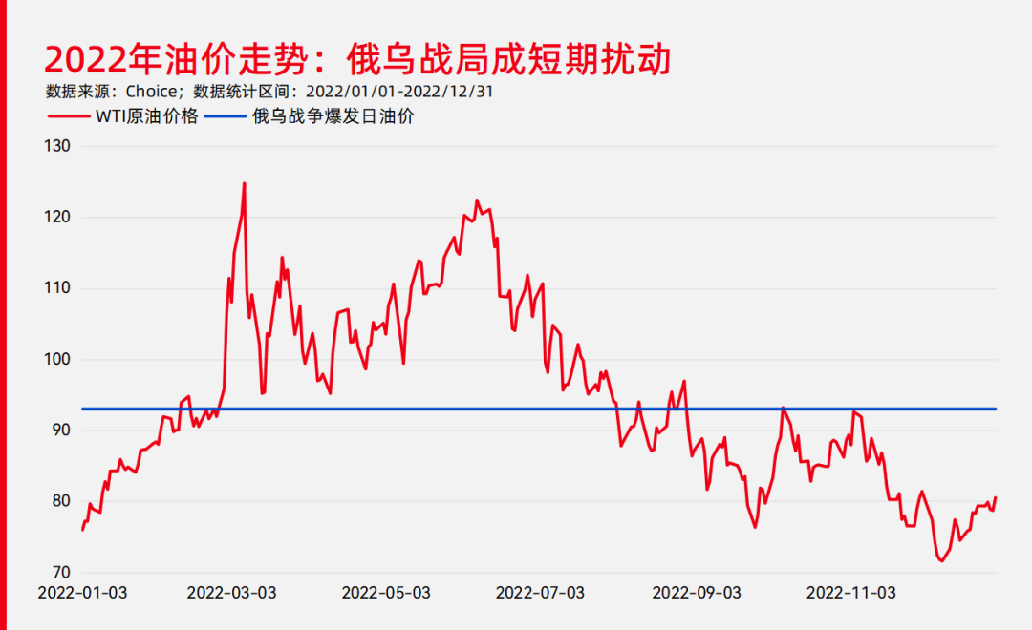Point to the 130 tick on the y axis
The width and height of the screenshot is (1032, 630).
point(58,146)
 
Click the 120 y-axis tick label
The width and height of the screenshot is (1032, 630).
point(58,218)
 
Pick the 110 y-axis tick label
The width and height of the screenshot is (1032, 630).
point(58,288)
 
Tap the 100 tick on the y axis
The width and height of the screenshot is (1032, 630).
point(58,360)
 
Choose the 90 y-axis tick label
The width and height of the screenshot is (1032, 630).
point(62,430)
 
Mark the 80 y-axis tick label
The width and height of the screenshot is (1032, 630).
point(62,502)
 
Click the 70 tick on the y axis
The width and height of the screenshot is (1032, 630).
point(62,573)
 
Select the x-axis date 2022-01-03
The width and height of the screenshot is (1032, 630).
point(82,593)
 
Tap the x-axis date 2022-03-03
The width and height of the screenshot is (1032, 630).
point(231,593)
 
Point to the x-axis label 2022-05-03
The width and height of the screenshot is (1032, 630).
point(386,593)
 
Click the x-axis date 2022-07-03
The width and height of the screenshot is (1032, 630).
point(540,593)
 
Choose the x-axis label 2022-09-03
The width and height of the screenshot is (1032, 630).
point(697,593)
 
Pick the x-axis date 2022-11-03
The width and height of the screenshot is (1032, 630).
point(850,593)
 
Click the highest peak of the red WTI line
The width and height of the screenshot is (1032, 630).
point(245,183)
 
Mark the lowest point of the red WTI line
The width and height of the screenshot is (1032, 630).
point(941,561)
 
